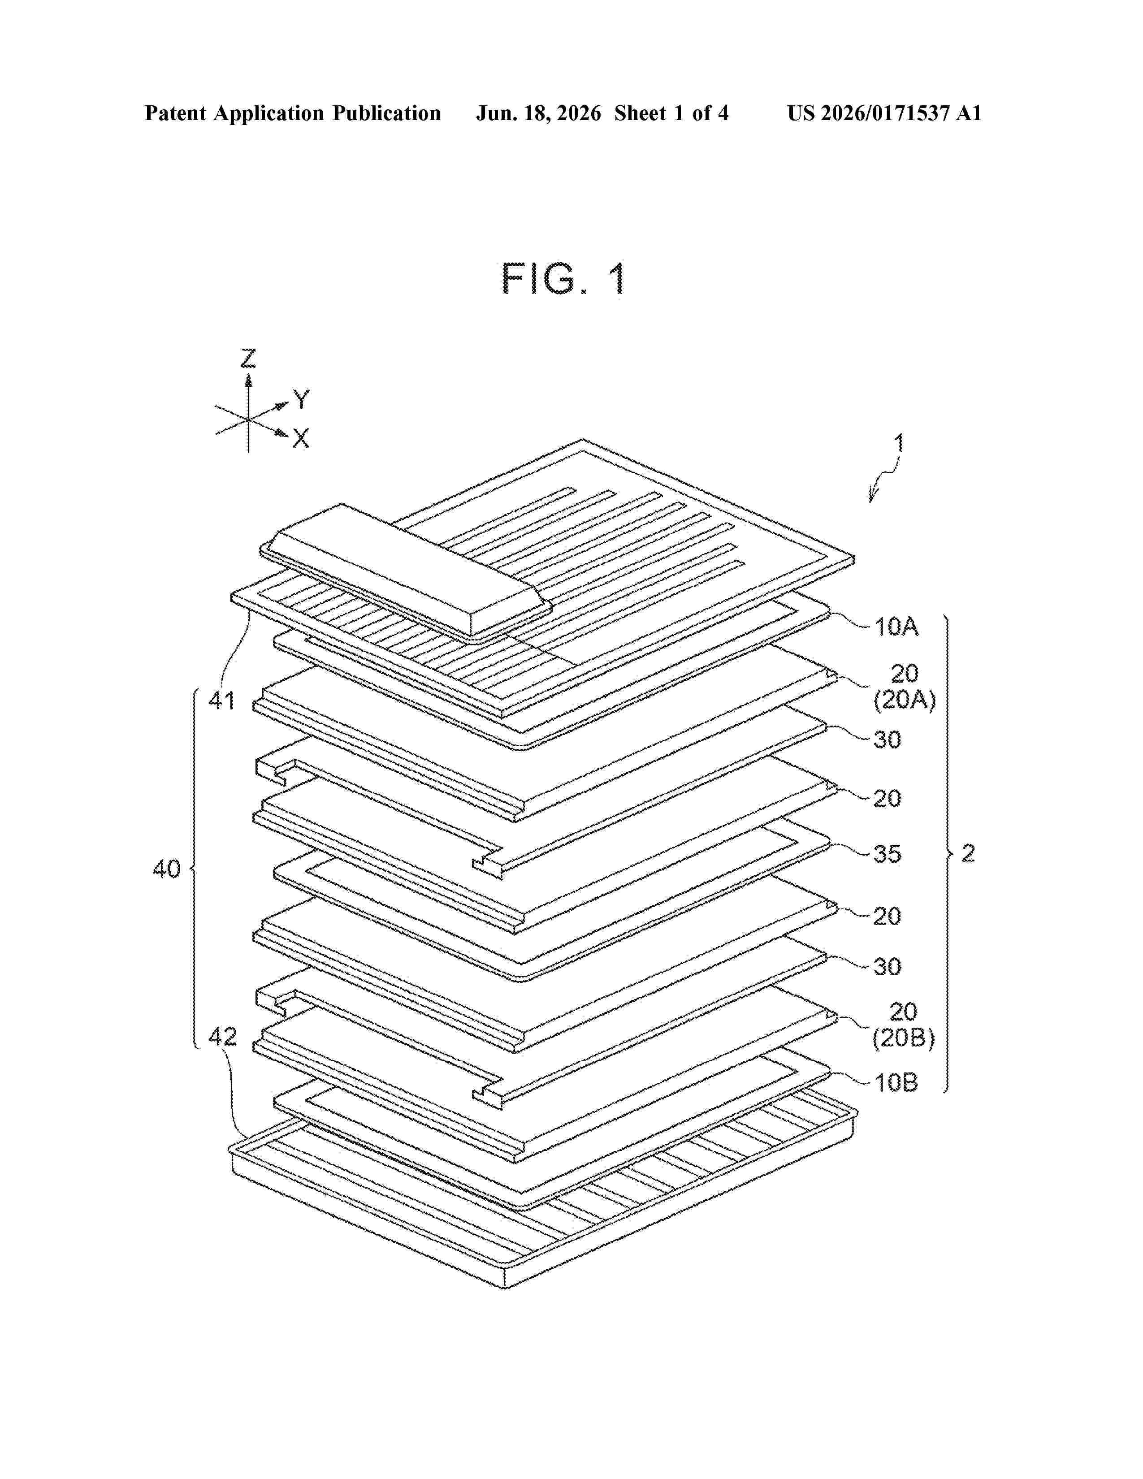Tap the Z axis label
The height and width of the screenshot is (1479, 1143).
pos(248,358)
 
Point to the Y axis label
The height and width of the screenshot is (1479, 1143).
pos(301,399)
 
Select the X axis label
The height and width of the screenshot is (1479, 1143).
pos(301,439)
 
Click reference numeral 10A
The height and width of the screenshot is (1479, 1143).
pos(896,627)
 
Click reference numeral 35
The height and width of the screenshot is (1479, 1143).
pos(887,854)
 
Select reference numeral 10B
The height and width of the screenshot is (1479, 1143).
pos(896,1083)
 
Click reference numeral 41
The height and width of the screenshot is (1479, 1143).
pos(221,700)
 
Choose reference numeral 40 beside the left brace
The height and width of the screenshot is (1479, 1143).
pos(167,869)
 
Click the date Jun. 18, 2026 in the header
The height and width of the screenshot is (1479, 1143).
pos(538,113)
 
